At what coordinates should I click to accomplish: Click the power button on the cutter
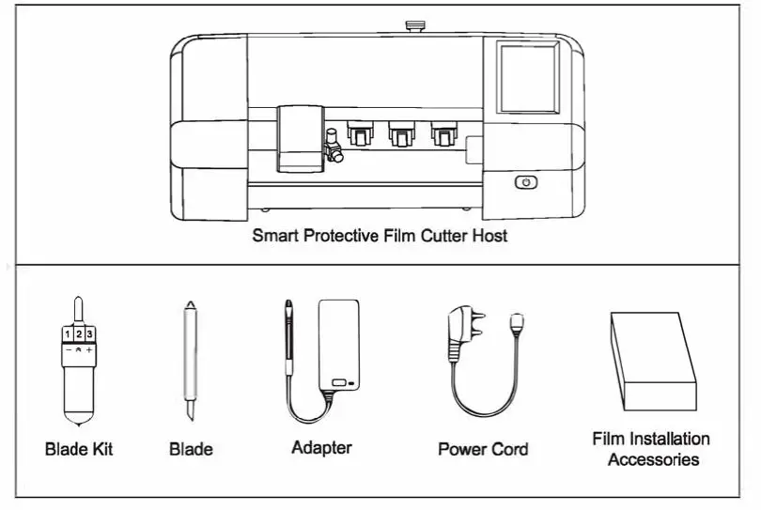pos(526,183)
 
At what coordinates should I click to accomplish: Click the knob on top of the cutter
pos(412,26)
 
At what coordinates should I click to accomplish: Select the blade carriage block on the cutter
pos(299,138)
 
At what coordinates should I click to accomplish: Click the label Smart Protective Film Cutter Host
pos(380,236)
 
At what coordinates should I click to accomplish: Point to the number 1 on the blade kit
pos(68,333)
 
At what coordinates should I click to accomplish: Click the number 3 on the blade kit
pos(89,333)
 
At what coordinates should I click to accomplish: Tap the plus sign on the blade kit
pos(89,349)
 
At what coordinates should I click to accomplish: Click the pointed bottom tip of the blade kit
pos(78,418)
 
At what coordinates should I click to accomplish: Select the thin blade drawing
pos(191,357)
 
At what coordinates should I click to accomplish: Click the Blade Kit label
pos(79,449)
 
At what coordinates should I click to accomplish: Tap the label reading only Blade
pos(191,449)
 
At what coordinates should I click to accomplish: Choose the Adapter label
pos(321,448)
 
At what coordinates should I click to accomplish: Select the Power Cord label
pos(483,449)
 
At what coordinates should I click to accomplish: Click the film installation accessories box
pos(653,362)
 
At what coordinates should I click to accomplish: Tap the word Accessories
pos(653,460)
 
